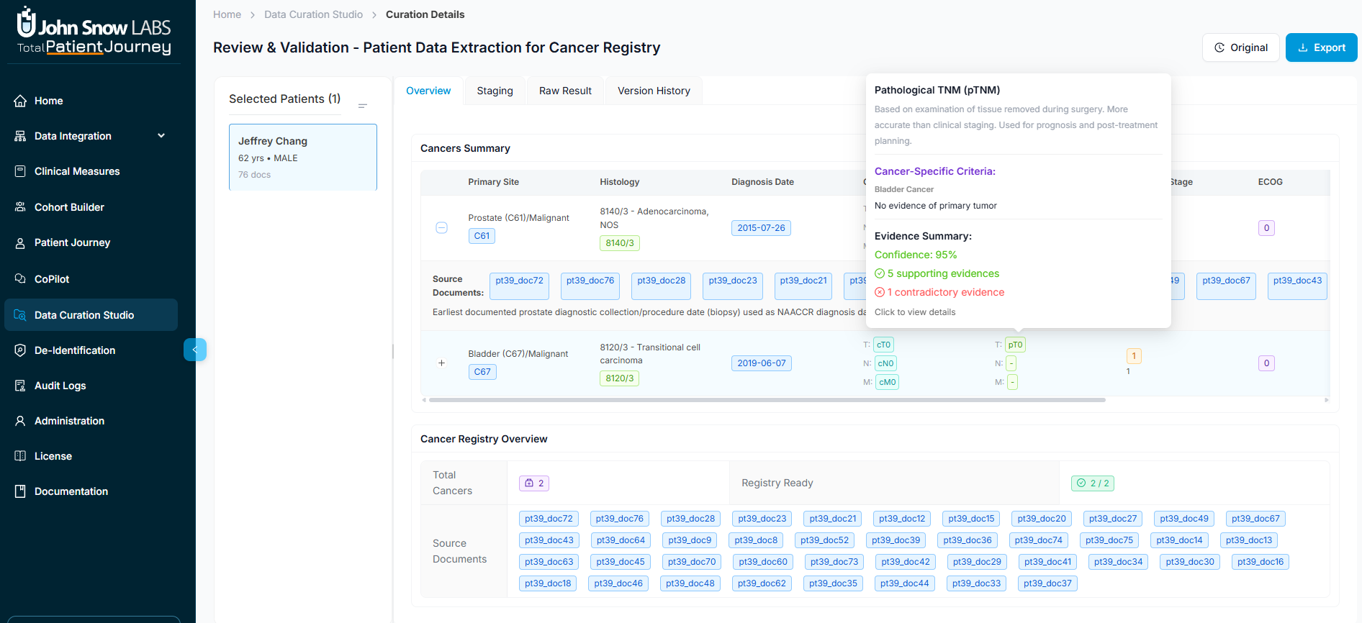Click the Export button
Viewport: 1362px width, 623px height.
(x=1321, y=47)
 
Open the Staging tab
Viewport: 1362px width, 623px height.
(x=495, y=91)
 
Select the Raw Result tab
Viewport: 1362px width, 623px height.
(x=565, y=91)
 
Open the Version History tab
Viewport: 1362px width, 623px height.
(x=654, y=91)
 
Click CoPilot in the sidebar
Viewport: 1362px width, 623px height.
(x=52, y=279)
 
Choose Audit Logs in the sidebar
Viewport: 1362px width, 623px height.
(x=60, y=386)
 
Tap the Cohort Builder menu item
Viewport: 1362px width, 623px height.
(x=69, y=207)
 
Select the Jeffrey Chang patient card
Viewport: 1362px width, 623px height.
(x=302, y=157)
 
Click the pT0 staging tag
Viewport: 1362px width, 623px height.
(x=1015, y=345)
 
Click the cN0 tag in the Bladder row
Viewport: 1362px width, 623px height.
(x=885, y=363)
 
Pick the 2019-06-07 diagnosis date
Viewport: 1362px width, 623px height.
(x=761, y=363)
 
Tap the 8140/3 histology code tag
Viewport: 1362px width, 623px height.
(x=619, y=243)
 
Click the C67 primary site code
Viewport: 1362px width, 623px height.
(x=482, y=372)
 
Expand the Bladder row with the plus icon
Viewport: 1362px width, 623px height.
(x=441, y=363)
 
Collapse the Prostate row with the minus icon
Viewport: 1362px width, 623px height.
(x=441, y=228)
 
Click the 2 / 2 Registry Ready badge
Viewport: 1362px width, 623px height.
(x=1092, y=483)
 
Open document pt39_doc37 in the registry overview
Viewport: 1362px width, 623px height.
(x=1047, y=583)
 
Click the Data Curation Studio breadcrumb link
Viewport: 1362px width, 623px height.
(x=313, y=14)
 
